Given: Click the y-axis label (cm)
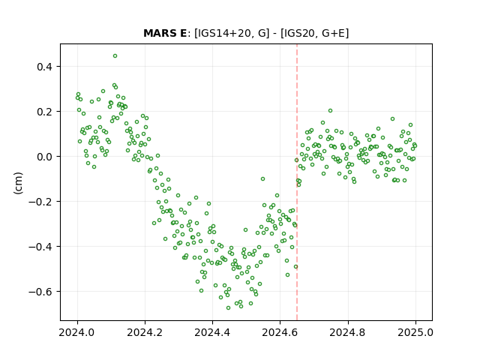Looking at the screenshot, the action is coord(18,183).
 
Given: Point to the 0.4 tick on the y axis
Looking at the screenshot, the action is coord(44,67).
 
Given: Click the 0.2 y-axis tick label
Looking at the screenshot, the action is coord(44,112).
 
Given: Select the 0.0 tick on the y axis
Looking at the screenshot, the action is coord(44,157).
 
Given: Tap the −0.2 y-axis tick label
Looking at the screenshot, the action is coord(40,202).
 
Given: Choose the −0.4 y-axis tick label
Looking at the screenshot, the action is coord(40,247).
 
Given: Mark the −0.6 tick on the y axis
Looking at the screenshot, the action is coord(40,292).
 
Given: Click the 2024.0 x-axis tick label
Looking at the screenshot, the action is coord(77,332).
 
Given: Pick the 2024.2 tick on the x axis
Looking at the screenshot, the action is coord(145,332).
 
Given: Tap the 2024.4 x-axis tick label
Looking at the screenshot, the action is coord(212,332).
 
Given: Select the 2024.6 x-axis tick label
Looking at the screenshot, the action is coord(280,332).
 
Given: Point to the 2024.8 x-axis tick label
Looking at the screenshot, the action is coord(347,332).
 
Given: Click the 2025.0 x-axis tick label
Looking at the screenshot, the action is coord(415,332).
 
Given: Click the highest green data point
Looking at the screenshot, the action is coord(115,56).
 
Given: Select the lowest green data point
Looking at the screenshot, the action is coord(228,307).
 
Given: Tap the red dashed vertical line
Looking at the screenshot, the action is coord(297,182).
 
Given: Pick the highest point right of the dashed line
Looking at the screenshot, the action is coord(330,111).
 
